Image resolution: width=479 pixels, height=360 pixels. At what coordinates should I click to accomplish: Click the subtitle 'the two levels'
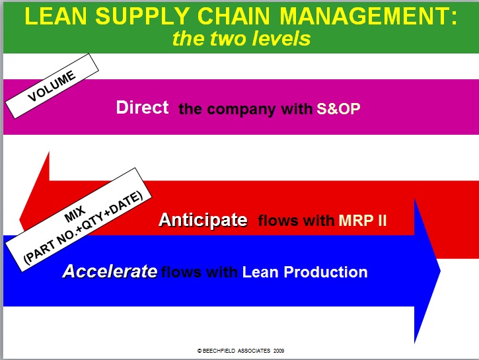[x=241, y=38]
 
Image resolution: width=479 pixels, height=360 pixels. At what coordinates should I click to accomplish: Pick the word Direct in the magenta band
[x=143, y=108]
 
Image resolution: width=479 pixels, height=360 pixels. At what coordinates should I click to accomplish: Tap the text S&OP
[x=338, y=109]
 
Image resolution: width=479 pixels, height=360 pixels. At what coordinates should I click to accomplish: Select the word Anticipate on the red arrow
[x=203, y=220]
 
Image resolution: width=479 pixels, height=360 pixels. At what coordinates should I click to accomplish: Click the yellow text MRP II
[x=362, y=221]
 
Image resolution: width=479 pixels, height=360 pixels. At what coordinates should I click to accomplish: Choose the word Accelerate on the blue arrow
[x=110, y=271]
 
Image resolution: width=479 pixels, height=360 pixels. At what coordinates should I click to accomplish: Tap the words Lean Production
[x=305, y=271]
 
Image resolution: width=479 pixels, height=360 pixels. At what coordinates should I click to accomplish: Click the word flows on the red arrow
[x=278, y=221]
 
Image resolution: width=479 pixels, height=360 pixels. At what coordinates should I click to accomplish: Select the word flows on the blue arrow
[x=180, y=271]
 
